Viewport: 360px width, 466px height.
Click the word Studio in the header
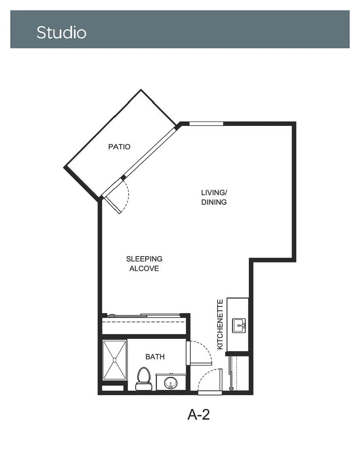pos(61,32)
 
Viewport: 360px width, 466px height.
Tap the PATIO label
pos(119,147)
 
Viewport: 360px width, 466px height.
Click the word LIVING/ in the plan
pos(214,192)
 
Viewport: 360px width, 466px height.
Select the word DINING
pos(214,202)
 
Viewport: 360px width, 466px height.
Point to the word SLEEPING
pos(144,259)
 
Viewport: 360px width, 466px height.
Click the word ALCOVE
pos(144,268)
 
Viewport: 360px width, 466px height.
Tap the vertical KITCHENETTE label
pos(220,324)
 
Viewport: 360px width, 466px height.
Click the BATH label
pos(155,357)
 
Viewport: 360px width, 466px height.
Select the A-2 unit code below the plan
pos(199,414)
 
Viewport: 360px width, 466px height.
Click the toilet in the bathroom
pos(143,379)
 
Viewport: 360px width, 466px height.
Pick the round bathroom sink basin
pos(171,383)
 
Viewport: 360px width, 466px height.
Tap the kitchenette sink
pos(239,326)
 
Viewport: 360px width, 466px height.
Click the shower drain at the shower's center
pos(114,360)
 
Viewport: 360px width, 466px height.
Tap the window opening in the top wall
pos(206,124)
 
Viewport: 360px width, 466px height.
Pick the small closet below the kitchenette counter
pos(239,373)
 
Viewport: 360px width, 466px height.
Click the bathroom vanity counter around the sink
pos(171,382)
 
